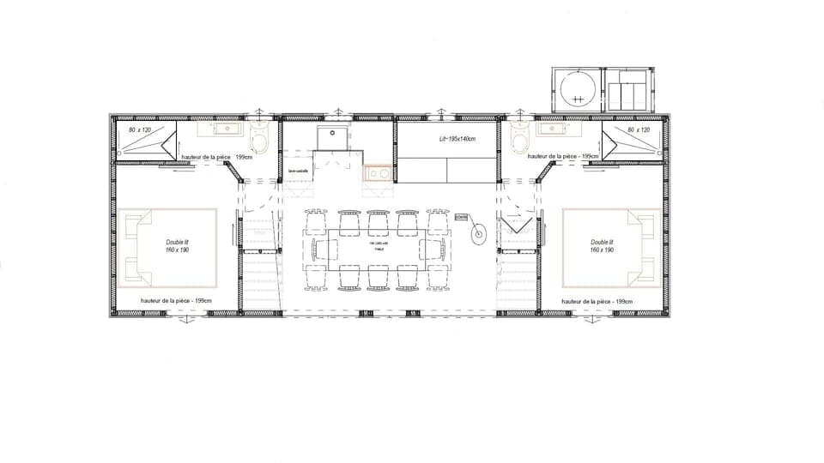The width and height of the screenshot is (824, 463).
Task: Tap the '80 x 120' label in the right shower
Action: click(x=639, y=129)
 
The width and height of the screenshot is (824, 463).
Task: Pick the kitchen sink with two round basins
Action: click(x=378, y=174)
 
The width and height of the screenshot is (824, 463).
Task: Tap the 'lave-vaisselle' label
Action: click(x=298, y=171)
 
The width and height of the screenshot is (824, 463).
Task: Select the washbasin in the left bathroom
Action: click(x=215, y=129)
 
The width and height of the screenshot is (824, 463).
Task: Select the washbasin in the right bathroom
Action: click(x=551, y=129)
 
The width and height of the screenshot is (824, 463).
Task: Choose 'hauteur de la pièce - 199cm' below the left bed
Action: click(x=176, y=301)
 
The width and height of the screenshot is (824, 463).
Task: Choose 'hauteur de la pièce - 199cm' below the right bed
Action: click(x=596, y=301)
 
